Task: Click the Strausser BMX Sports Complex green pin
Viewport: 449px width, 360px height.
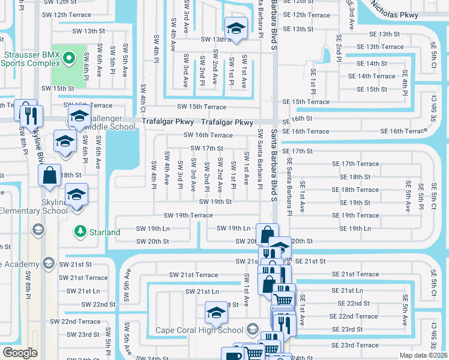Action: pyautogui.click(x=68, y=59)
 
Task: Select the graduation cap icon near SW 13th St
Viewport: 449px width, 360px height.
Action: pyautogui.click(x=236, y=28)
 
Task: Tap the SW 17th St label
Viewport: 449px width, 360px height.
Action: pyautogui.click(x=206, y=148)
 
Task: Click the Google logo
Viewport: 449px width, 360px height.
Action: pyautogui.click(x=20, y=353)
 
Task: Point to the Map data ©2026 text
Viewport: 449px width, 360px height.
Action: pyautogui.click(x=423, y=355)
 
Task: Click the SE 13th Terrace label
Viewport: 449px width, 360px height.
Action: pyautogui.click(x=380, y=47)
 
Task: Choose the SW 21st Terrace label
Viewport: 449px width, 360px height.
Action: pyautogui.click(x=88, y=278)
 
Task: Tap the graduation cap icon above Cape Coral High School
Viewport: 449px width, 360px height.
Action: pyautogui.click(x=216, y=313)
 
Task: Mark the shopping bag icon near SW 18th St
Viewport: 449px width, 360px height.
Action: pyautogui.click(x=50, y=175)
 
